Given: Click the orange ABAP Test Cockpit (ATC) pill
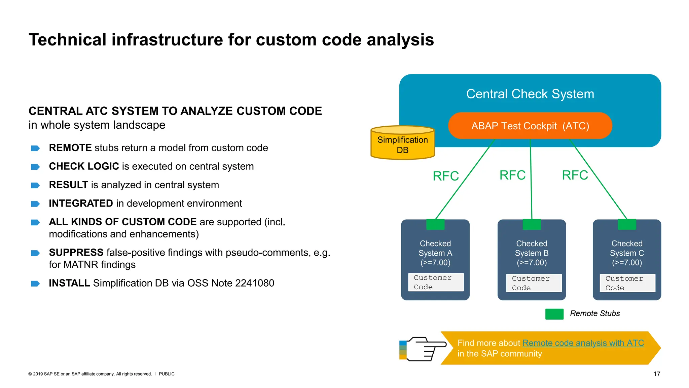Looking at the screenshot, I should [x=530, y=126].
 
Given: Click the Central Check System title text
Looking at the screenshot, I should [x=530, y=94].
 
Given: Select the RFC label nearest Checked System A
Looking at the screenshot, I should [x=445, y=176].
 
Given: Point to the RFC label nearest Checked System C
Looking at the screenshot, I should [x=575, y=175].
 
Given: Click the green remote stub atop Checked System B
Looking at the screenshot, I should [x=532, y=224].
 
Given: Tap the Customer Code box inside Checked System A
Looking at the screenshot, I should [x=436, y=282].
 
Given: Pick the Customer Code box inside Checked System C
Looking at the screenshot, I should [x=627, y=283].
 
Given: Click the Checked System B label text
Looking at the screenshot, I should [x=532, y=253].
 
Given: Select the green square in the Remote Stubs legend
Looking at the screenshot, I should [x=554, y=314].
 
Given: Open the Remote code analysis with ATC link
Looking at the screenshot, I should [x=583, y=343].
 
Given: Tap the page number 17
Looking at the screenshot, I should [x=657, y=374].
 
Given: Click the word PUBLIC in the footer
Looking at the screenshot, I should [x=167, y=374].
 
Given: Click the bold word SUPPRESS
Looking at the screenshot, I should [x=76, y=253].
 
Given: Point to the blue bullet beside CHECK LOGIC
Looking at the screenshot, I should [x=35, y=167].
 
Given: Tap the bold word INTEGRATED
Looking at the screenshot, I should [x=81, y=203].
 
